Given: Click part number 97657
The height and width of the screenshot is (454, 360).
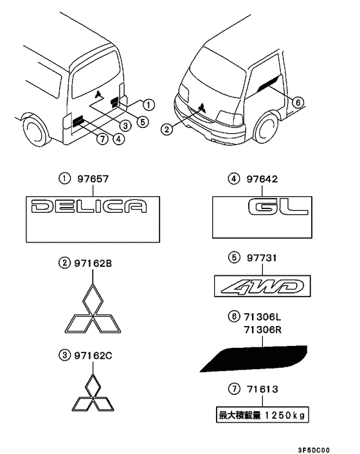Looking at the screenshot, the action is tap(93, 179).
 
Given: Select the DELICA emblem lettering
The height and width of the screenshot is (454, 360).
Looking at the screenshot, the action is tap(89, 206).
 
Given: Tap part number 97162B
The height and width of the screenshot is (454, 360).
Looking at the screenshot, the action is tap(93, 264).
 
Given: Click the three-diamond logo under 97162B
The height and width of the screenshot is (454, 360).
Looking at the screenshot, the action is tap(93, 309).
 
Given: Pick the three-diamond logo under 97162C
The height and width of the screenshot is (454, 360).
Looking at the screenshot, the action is tap(93, 393).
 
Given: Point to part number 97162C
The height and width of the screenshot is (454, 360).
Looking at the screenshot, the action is tap(93, 355).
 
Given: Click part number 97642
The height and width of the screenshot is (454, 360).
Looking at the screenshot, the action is tap(262, 179).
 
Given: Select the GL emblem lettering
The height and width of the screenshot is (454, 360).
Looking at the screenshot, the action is tap(278, 207).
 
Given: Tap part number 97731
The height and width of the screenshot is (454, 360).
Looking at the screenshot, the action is tap(262, 258).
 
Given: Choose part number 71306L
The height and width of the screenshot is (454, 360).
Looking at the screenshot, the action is tap(262, 317).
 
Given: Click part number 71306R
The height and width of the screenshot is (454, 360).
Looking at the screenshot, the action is tap(263, 330).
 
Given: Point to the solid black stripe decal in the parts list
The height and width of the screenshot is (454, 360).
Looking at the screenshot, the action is tap(253, 358).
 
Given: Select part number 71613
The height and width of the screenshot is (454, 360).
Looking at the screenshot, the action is tap(262, 389).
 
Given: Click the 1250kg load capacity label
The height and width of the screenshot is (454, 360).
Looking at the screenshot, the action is tap(262, 415).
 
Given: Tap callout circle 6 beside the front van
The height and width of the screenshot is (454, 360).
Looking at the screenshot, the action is tap(298, 102).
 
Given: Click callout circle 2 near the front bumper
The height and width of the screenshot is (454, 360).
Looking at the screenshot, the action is tap(166, 129).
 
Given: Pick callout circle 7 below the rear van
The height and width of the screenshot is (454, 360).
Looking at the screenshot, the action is tap(102, 139).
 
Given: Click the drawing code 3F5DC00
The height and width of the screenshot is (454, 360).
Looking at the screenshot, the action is tap(314, 450).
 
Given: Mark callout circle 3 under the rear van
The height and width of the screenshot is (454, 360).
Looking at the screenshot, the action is tap(125, 125).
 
